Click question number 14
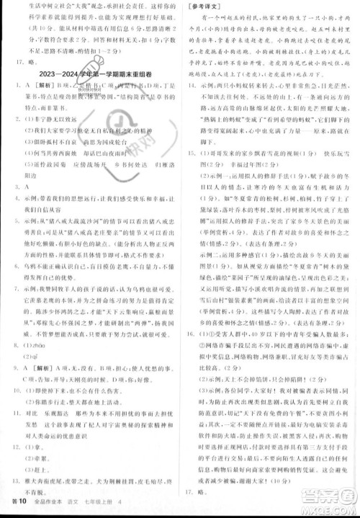point(189,84)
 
